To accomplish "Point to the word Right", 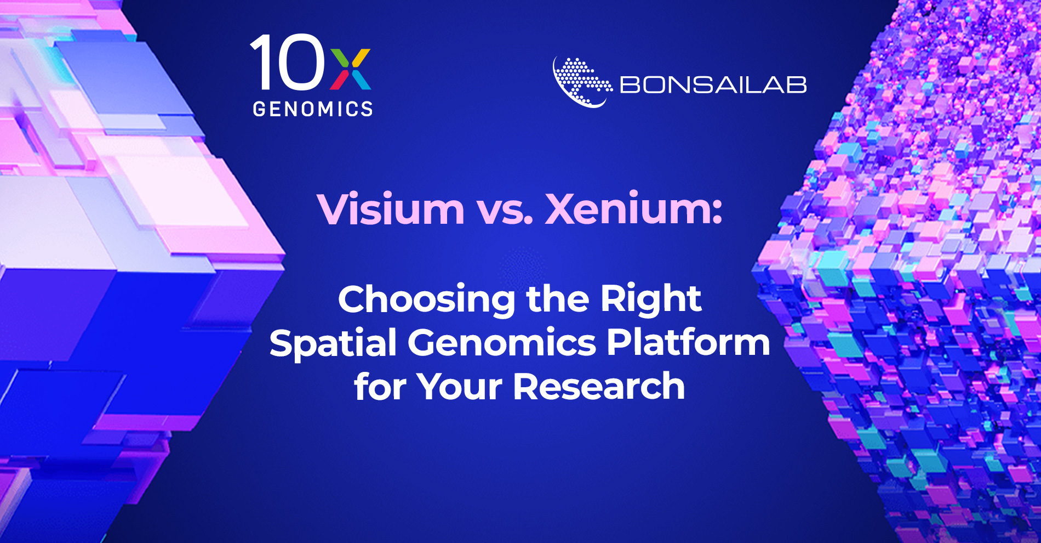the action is pos(651,301).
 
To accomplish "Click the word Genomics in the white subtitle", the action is pos(501,344).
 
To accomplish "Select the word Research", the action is pos(599,386).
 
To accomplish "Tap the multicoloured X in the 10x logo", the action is pos(351,69).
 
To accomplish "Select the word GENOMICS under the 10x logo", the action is pos(313,109).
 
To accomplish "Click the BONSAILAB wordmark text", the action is pos(713,85).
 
